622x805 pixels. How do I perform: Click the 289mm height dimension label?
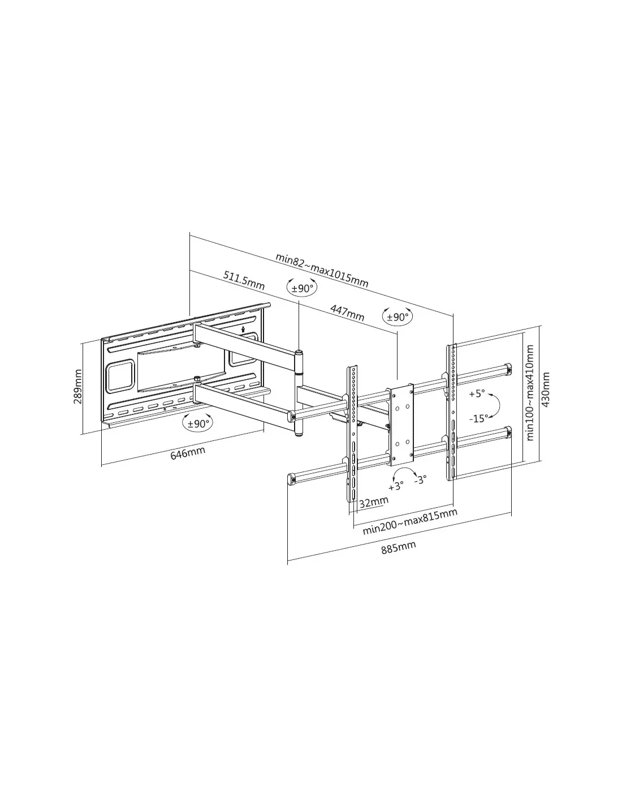[78, 387]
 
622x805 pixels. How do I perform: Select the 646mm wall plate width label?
[188, 453]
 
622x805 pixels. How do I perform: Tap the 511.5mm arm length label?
[244, 280]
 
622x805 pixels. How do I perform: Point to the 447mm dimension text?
[347, 313]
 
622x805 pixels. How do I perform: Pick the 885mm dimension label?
[399, 547]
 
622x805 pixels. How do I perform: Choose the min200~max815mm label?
[410, 521]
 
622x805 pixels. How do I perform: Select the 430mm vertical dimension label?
[546, 389]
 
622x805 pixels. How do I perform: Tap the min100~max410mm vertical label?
[530, 393]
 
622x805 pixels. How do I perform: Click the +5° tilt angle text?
[477, 393]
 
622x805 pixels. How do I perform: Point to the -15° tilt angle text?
[479, 418]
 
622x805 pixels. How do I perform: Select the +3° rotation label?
[396, 486]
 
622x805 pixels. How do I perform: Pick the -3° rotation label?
[421, 479]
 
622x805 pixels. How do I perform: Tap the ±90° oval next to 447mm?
[398, 317]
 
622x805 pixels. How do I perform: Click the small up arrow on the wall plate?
[243, 328]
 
